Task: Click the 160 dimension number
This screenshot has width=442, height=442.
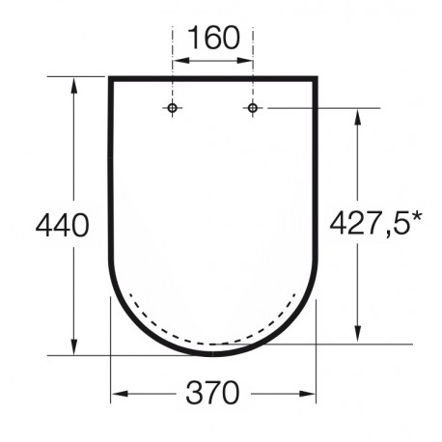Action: [x=213, y=38]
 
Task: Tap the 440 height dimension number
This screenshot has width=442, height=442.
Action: [x=62, y=226]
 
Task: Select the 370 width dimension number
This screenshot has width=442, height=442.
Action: [x=213, y=393]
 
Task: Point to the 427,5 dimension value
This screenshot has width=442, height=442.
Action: [x=370, y=224]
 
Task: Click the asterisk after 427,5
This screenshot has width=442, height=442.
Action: [x=416, y=218]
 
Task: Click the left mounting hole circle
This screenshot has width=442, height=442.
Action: [x=173, y=108]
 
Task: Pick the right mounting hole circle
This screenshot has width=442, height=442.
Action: [x=253, y=108]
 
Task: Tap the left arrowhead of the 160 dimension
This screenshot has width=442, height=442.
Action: [x=180, y=61]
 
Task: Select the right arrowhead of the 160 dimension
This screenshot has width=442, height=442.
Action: [x=245, y=61]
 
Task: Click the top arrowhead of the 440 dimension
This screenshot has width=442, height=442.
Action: [x=74, y=85]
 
